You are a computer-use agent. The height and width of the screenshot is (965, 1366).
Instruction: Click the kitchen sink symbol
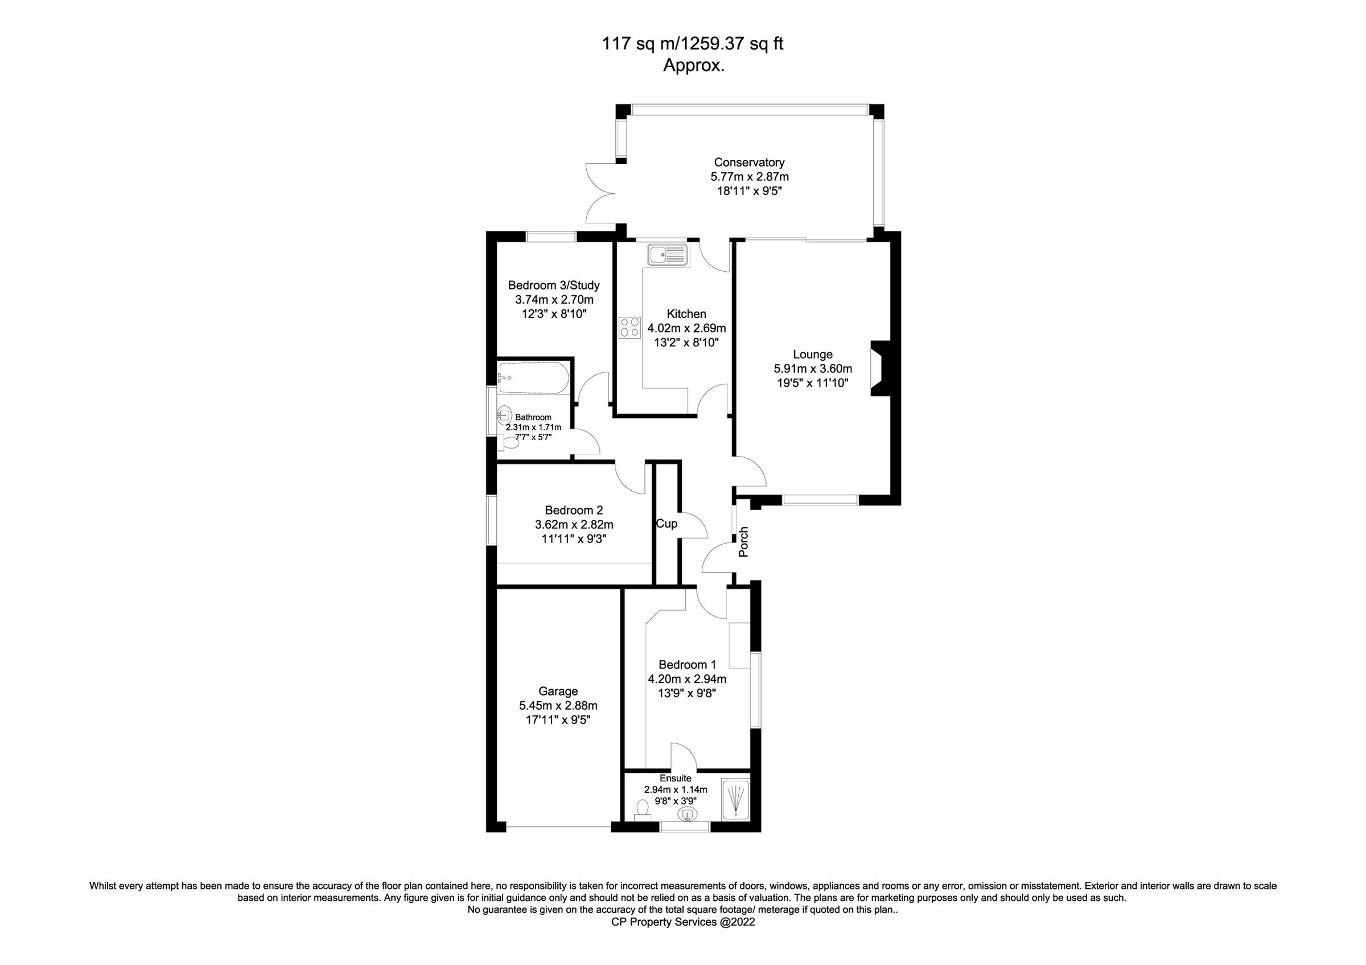(668, 255)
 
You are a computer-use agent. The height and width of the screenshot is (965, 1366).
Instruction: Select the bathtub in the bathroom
(533, 378)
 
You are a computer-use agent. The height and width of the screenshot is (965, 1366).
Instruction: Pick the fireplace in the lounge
(880, 368)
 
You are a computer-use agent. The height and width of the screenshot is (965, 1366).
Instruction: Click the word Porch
(743, 542)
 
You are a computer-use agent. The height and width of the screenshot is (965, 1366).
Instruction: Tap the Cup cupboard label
(666, 523)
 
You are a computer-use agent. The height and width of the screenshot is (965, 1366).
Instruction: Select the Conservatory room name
(749, 162)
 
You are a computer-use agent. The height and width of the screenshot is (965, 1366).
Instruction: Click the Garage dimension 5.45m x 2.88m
(558, 706)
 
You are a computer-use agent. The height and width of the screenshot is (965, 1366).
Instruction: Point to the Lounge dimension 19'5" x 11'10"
(812, 383)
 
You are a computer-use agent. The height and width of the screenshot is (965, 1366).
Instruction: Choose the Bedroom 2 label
(574, 510)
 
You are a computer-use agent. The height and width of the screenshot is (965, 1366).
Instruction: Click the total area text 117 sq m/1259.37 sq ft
(693, 44)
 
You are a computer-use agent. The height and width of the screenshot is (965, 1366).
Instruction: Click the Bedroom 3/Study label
(553, 285)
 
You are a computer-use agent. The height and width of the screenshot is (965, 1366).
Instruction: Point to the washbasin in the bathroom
(504, 415)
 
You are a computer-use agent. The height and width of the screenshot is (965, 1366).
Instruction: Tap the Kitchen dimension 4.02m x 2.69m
(686, 328)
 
